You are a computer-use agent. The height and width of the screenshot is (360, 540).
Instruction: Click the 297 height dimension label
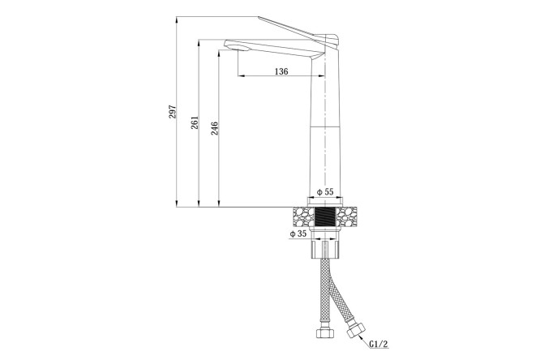point(172,112)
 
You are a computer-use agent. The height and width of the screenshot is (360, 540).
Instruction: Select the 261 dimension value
point(195,122)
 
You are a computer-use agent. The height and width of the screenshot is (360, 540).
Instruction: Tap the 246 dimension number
point(214,128)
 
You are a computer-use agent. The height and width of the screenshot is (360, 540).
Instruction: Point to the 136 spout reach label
point(281,71)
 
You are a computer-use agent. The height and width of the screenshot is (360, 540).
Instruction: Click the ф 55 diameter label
point(325,191)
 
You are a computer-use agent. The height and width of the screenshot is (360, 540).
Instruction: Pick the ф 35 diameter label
point(298,234)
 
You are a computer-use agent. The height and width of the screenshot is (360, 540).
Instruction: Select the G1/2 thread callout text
point(379,344)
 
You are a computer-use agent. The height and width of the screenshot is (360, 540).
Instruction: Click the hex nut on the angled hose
point(355,330)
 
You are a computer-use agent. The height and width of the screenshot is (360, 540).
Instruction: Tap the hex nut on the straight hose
point(325,333)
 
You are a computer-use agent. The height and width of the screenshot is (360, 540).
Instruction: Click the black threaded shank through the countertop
point(325,216)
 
